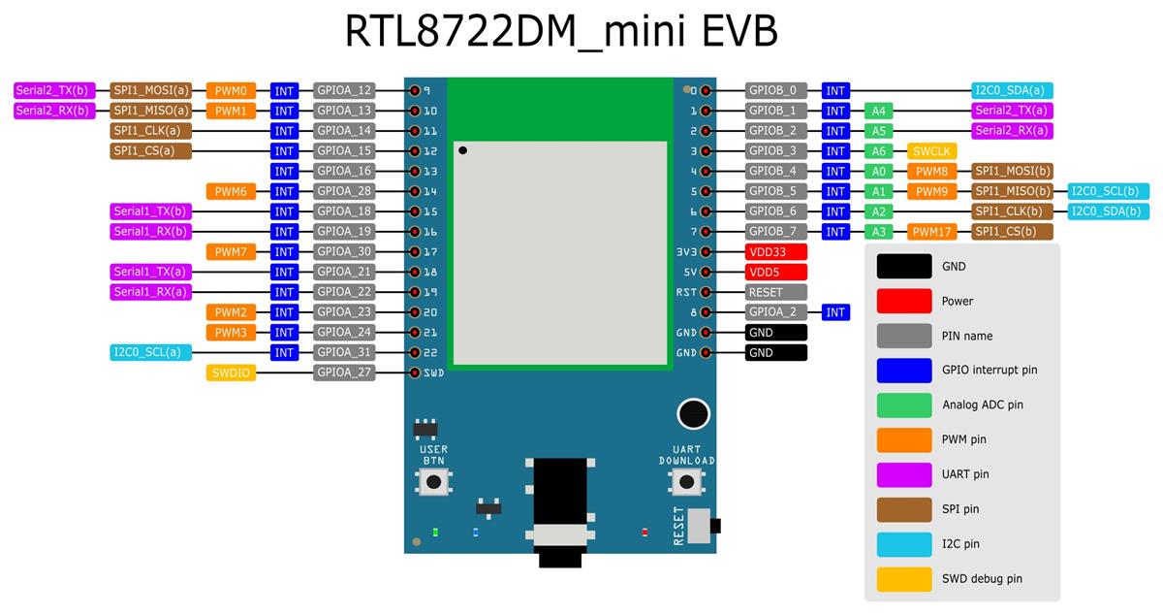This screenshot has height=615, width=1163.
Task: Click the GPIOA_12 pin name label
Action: coord(344,90)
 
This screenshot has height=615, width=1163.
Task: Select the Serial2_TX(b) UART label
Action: coord(52,90)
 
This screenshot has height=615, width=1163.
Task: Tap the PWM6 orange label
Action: coord(231,192)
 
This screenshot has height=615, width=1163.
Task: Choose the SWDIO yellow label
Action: coord(231,372)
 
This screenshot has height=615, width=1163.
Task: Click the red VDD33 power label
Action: coord(775,252)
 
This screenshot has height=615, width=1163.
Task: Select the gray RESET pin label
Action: coord(775,292)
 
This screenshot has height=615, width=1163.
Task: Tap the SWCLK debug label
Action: coord(932,151)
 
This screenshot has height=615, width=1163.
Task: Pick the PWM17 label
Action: coord(932,232)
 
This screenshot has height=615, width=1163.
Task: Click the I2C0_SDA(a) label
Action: coord(1012,90)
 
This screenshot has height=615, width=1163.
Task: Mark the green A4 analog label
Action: coord(878,111)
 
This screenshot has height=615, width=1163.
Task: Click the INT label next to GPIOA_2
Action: coord(835,312)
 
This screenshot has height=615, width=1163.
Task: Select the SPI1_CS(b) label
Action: coord(1012,232)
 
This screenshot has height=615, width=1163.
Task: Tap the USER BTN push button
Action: coord(434,482)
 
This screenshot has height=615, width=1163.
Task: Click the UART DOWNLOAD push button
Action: coord(686,482)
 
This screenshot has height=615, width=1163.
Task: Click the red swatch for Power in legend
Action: coord(903,301)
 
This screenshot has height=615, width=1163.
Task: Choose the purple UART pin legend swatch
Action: coord(903,474)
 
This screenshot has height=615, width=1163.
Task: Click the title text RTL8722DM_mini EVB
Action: coord(561,31)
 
